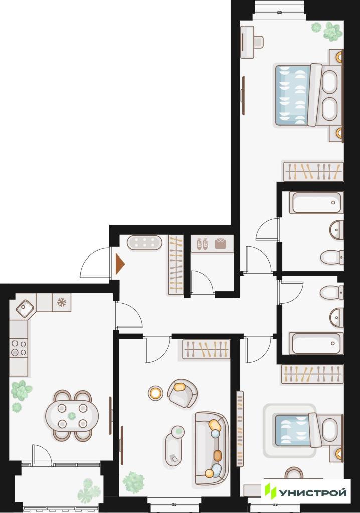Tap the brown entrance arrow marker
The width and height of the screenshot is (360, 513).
coord(120,264)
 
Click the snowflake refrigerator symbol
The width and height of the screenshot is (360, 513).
coord(62,302)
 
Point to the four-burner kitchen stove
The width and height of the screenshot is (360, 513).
coord(19,348)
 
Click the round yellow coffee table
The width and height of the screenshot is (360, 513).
coord(155,393)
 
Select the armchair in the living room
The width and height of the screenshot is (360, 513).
coord(182,393)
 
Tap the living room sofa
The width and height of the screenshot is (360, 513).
coord(211,448)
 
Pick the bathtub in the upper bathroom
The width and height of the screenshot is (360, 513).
coord(316,203)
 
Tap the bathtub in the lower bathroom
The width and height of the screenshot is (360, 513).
coord(316,343)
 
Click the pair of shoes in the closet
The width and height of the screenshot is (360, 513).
coord(202,244)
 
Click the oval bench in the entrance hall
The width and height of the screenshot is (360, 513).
coord(144,243)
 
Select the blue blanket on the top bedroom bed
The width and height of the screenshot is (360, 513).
coord(292,95)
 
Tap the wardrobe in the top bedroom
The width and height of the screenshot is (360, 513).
coord(313,171)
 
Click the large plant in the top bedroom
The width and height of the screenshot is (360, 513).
coord(333,32)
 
